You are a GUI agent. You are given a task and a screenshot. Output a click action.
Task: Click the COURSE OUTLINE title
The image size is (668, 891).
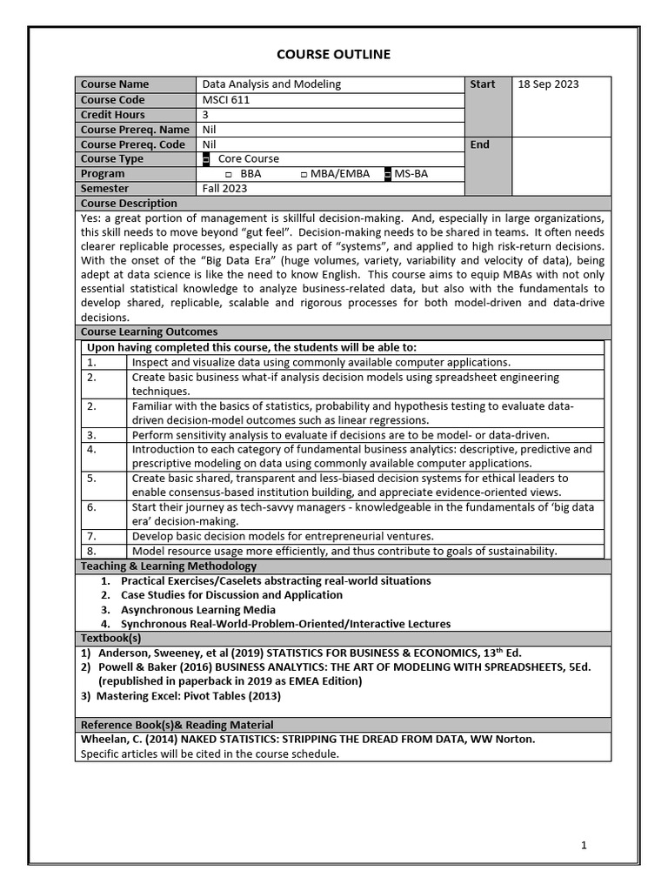coord(333,55)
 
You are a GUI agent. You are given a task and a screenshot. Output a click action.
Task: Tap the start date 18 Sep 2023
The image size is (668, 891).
coord(548,84)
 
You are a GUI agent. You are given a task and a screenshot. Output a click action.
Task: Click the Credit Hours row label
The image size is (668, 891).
coord(113,114)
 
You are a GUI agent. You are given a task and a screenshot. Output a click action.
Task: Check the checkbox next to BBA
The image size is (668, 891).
coord(229,174)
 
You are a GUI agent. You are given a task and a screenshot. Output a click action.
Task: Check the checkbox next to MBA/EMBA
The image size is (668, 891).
coord(304,174)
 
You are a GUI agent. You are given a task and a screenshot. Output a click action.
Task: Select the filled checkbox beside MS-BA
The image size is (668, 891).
coord(388,174)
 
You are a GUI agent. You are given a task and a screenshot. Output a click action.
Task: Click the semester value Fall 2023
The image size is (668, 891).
coord(224,188)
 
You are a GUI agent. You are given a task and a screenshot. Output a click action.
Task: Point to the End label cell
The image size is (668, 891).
coord(480,144)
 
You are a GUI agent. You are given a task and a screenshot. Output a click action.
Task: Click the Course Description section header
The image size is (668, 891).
coord(129,203)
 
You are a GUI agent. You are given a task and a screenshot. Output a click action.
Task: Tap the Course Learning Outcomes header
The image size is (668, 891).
coord(149,332)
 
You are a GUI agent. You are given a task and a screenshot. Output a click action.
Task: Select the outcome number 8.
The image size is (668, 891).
coord(91,551)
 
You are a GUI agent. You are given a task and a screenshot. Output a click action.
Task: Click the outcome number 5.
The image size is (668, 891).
coord(91,478)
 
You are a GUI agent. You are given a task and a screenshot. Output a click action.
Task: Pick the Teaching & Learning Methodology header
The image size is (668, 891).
coord(168,566)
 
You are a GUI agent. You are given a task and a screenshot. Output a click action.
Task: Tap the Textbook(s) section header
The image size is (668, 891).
coord(110,639)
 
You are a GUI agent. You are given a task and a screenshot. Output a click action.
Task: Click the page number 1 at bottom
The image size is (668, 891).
coord(584,845)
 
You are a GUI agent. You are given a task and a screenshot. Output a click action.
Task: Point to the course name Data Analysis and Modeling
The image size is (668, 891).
coord(271,84)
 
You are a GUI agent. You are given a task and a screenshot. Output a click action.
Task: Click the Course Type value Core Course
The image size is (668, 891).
coord(249,158)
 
